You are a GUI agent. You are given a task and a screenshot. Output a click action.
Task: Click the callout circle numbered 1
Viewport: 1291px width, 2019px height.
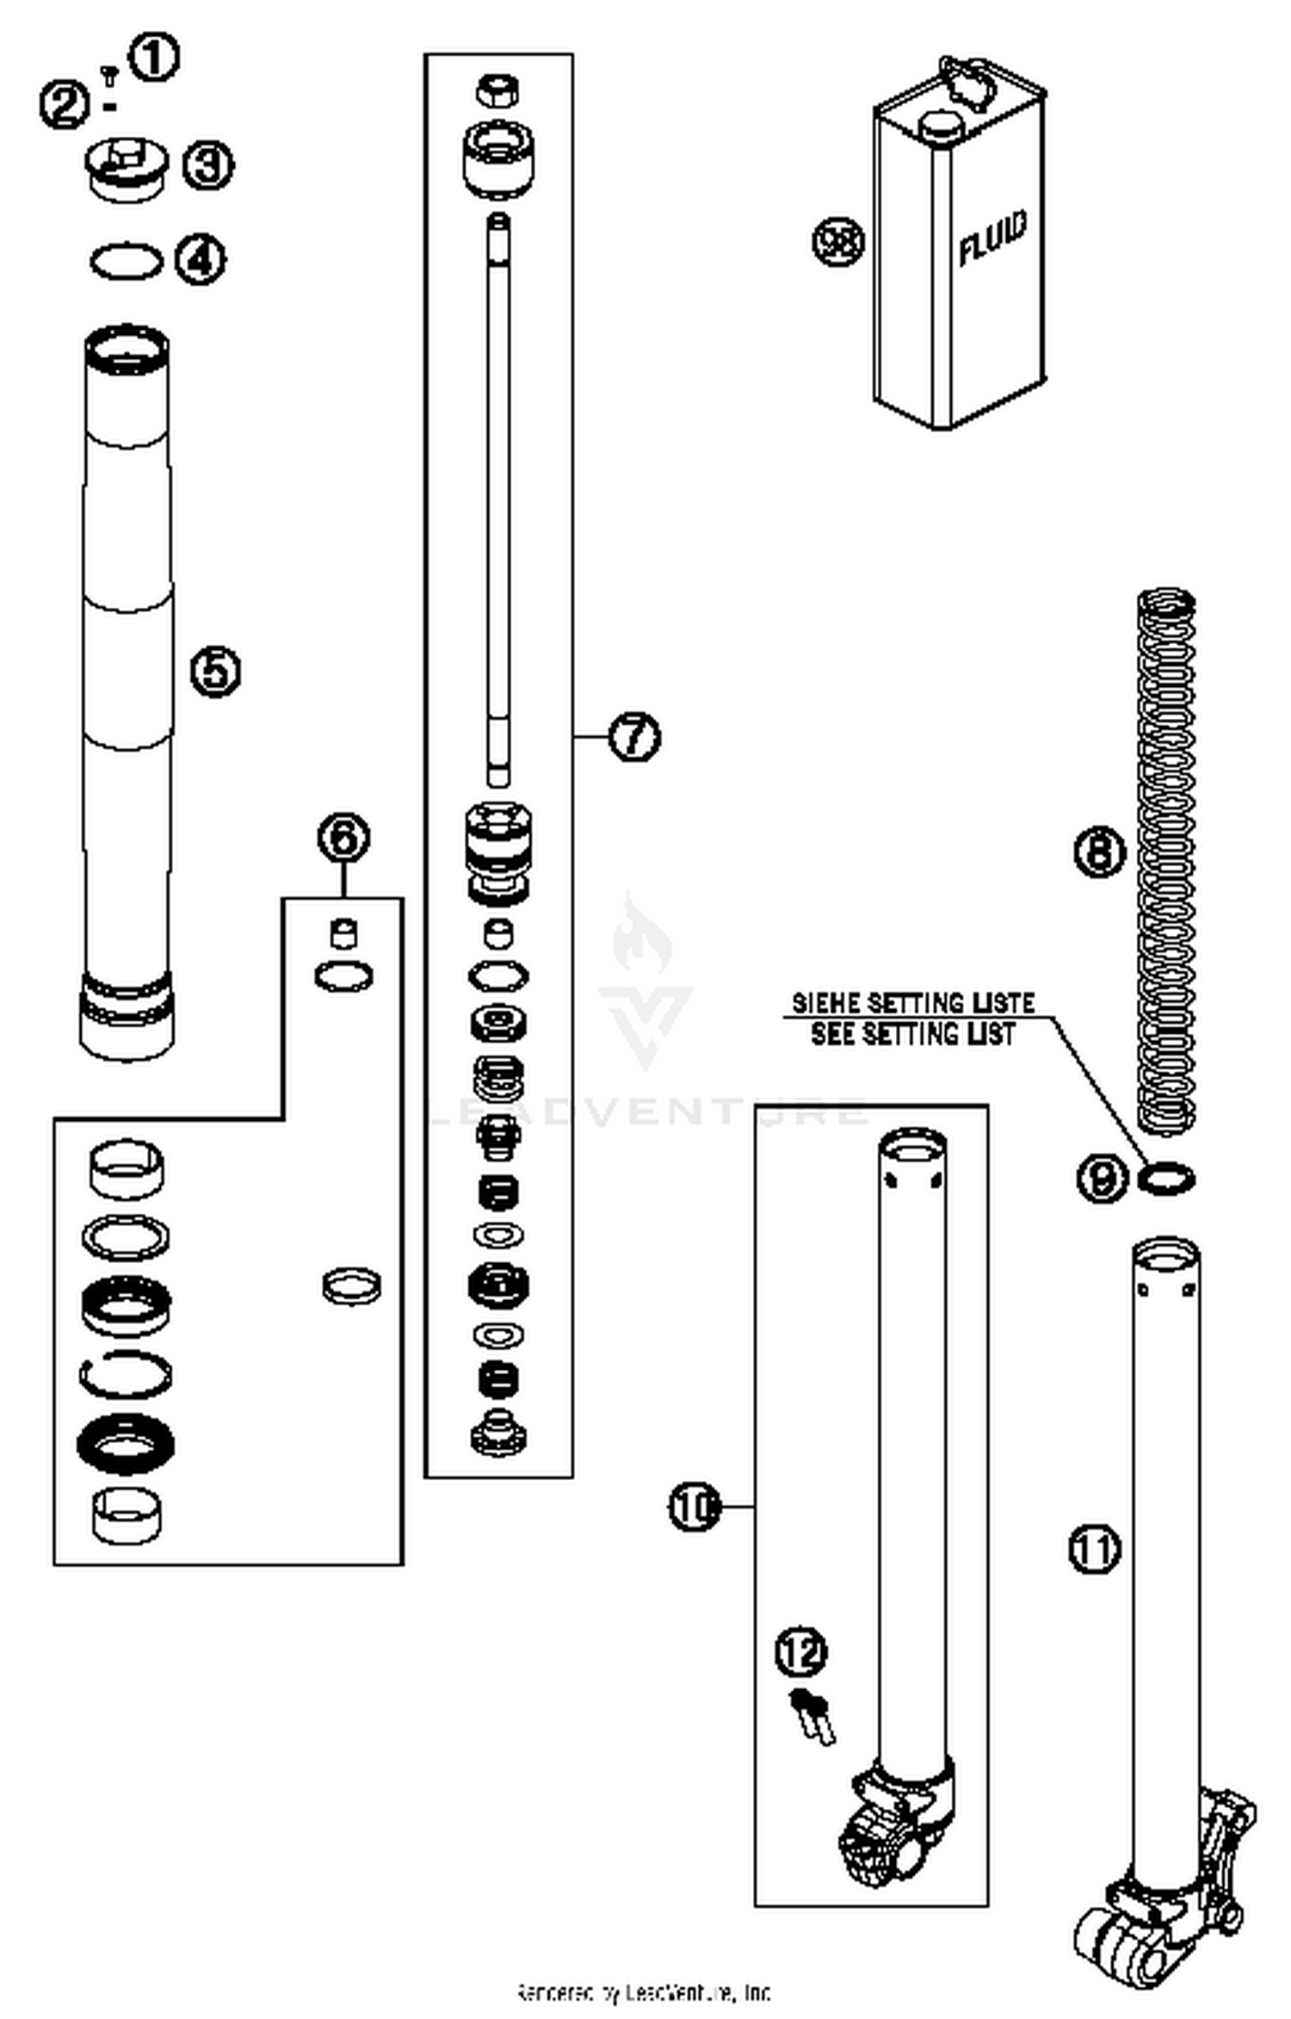(154, 58)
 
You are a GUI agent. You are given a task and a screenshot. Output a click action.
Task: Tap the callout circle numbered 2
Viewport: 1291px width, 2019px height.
(65, 106)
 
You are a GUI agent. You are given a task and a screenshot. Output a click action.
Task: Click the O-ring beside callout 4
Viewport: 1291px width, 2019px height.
(127, 261)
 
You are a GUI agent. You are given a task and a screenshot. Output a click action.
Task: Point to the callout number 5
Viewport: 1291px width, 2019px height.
(215, 672)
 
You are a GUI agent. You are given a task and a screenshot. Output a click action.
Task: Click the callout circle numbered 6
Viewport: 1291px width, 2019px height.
(343, 838)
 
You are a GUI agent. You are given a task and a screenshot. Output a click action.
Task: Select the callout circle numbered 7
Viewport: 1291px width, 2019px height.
(634, 737)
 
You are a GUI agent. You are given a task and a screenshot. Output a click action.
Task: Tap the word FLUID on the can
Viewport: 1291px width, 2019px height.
(992, 238)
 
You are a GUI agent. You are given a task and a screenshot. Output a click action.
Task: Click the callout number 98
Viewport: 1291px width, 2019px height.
(838, 241)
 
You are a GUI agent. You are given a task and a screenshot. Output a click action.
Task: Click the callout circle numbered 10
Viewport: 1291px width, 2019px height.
(695, 1507)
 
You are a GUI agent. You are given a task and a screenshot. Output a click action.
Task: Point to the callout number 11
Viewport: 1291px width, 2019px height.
(1095, 1550)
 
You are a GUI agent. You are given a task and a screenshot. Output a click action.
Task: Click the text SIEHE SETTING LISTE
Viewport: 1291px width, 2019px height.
(913, 1004)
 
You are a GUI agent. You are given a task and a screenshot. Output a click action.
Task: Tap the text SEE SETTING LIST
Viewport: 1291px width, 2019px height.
(913, 1034)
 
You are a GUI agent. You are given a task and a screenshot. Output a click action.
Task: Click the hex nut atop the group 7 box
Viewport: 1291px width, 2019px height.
(497, 90)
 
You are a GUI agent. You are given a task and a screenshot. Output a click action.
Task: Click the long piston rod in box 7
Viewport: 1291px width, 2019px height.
(497, 499)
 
